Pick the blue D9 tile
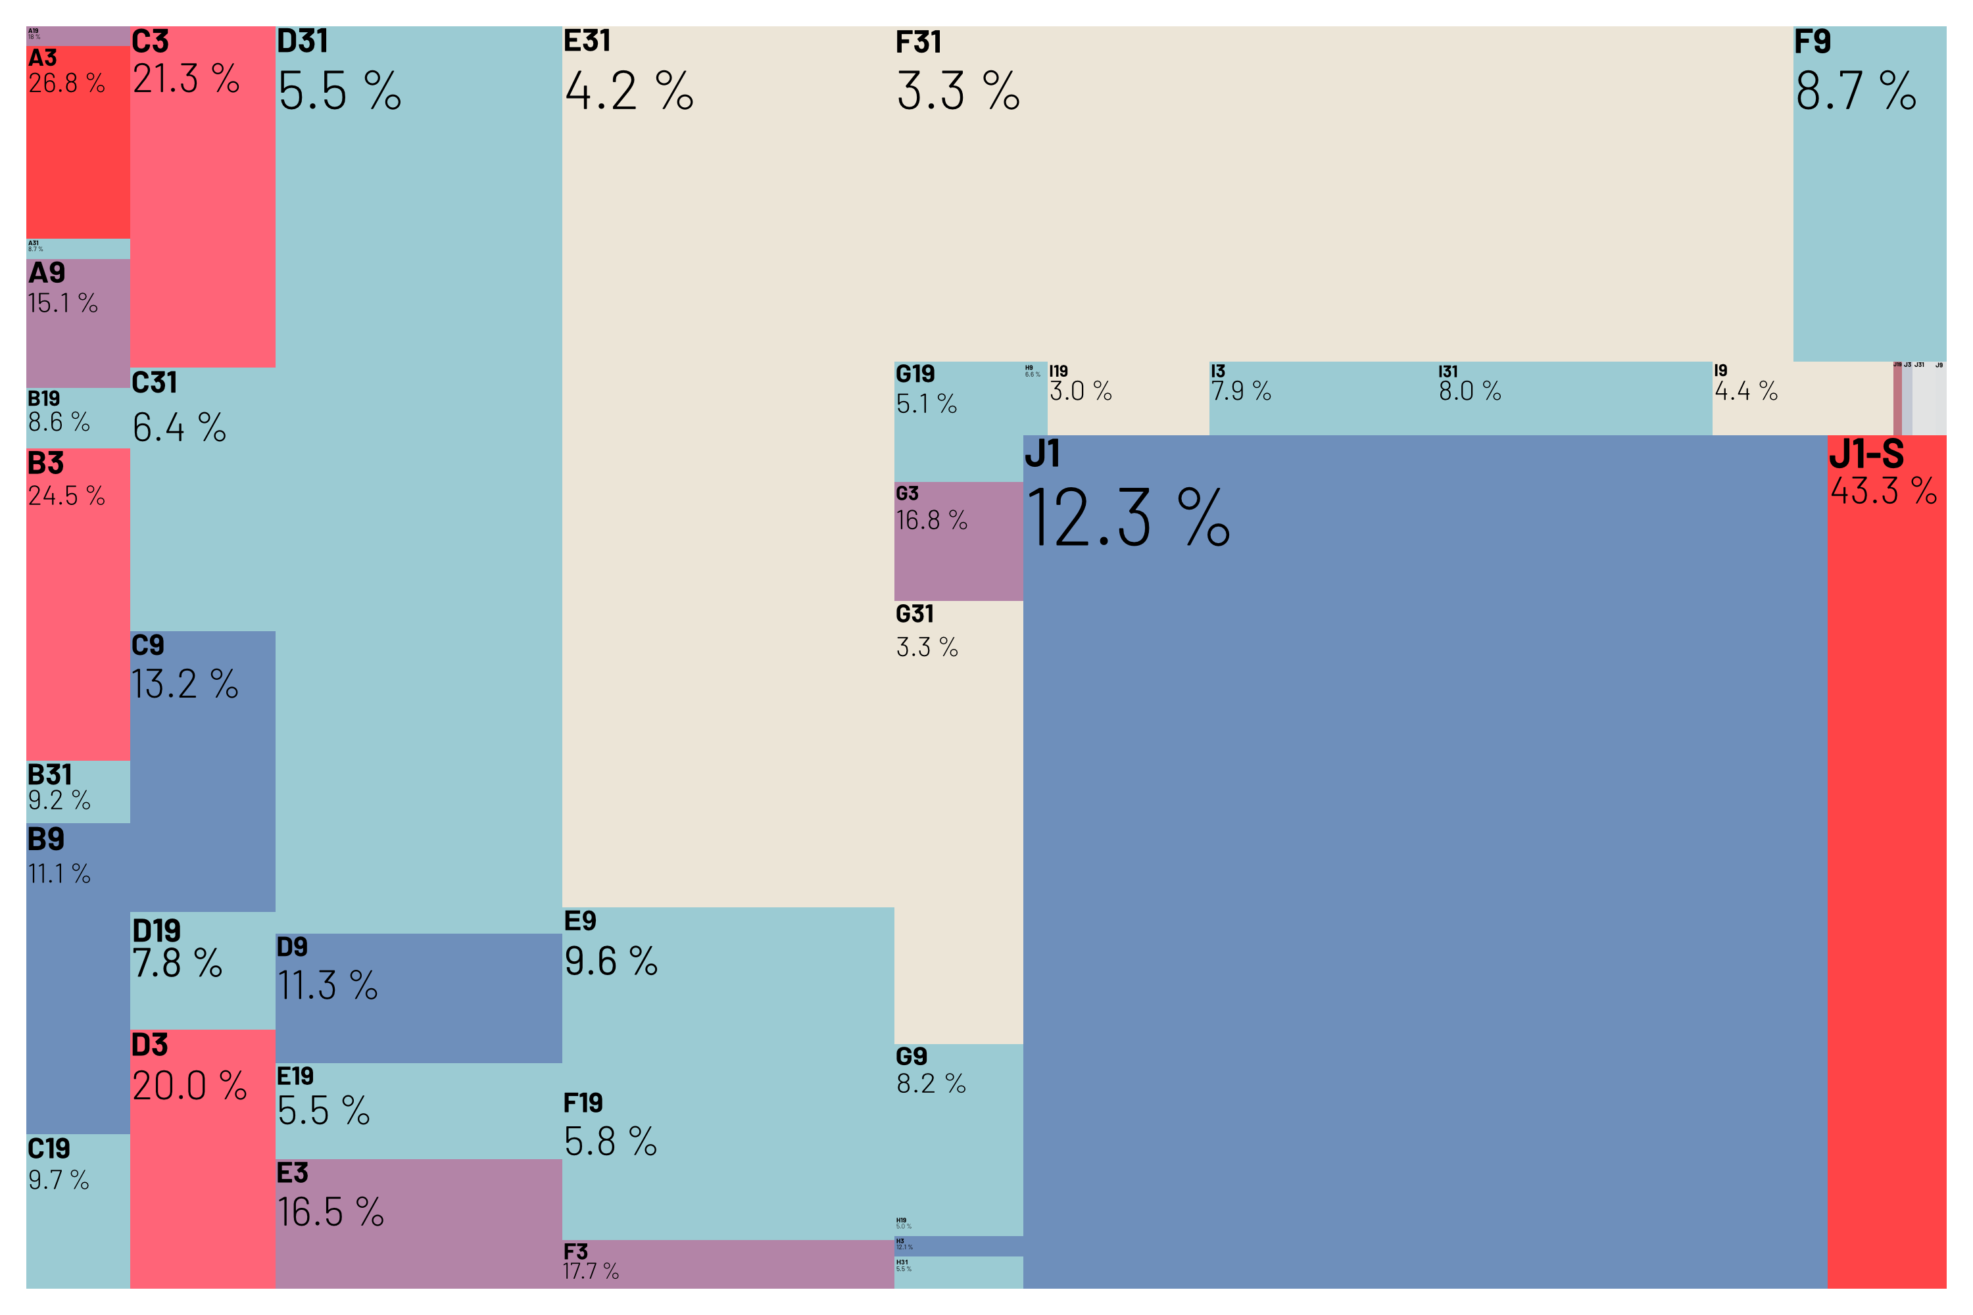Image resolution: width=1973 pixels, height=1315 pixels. [418, 998]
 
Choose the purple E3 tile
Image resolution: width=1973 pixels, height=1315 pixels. [418, 1223]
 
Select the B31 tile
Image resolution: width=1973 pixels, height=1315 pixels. [78, 791]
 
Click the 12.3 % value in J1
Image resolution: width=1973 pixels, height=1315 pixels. [1127, 518]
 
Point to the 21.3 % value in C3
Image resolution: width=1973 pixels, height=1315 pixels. [186, 79]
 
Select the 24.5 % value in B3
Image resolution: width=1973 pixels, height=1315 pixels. [66, 496]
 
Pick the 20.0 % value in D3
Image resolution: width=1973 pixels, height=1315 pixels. [189, 1086]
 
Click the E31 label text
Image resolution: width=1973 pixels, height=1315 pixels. [587, 40]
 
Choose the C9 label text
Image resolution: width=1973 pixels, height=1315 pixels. [147, 645]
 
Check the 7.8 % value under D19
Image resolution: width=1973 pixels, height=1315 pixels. [177, 963]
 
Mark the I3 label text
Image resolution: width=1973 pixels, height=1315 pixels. [1217, 371]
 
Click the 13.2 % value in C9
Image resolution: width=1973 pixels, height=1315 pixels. [185, 684]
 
